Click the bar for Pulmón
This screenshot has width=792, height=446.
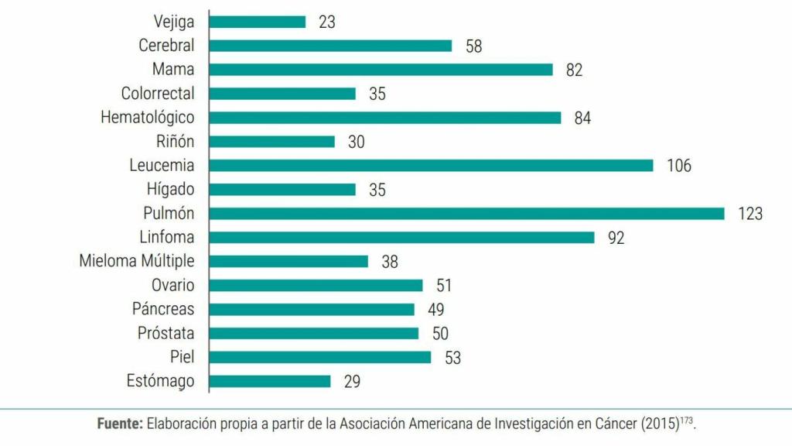pos(466,214)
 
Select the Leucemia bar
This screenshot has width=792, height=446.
pos(431,166)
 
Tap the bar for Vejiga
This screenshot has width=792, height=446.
pos(258,22)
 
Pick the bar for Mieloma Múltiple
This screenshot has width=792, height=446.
pos(288,262)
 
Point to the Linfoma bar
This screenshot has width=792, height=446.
pos(401,238)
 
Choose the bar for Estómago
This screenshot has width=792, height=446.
pos(270,382)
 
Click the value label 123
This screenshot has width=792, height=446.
pos(749,214)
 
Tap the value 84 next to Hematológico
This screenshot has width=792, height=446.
pos(582,118)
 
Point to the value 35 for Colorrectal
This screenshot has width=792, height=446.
pos(377,94)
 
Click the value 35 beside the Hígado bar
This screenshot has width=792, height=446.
pos(377,190)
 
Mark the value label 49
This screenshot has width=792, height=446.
pos(435,310)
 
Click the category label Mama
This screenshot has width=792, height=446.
pos(173,70)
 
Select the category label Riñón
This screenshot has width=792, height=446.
pos(175,142)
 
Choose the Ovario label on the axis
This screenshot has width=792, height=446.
pos(172,286)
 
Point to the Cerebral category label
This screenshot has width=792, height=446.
pos(166,46)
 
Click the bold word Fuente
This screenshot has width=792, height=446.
pos(120,424)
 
